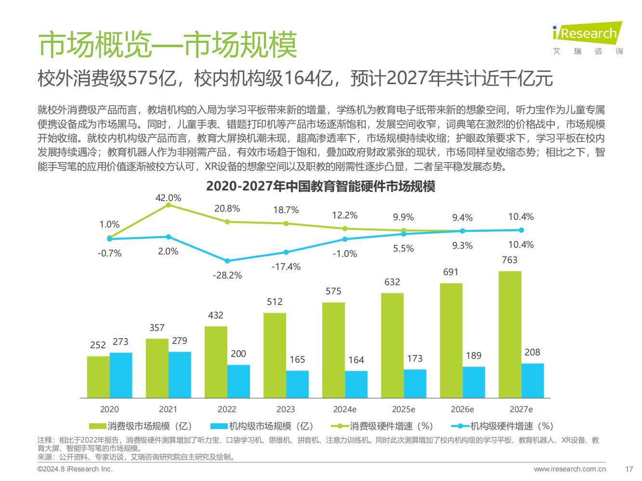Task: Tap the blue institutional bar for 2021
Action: point(180,375)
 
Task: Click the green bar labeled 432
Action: point(216,362)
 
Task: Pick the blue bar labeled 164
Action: point(356,384)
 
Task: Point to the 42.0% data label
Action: point(168,198)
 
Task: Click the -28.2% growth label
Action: point(227,275)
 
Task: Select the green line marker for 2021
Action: point(168,205)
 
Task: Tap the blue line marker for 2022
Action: point(227,261)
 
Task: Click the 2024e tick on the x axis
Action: point(345,409)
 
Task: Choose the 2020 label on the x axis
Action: point(109,409)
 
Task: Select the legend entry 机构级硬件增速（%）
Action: point(503,426)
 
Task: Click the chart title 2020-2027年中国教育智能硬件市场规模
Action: point(320,186)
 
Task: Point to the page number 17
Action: point(629,468)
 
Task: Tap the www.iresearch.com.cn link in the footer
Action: point(570,468)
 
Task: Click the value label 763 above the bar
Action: point(510,260)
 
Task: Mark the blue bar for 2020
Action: point(121,375)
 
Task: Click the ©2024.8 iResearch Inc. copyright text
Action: point(75,468)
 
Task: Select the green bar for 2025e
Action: point(392,345)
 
